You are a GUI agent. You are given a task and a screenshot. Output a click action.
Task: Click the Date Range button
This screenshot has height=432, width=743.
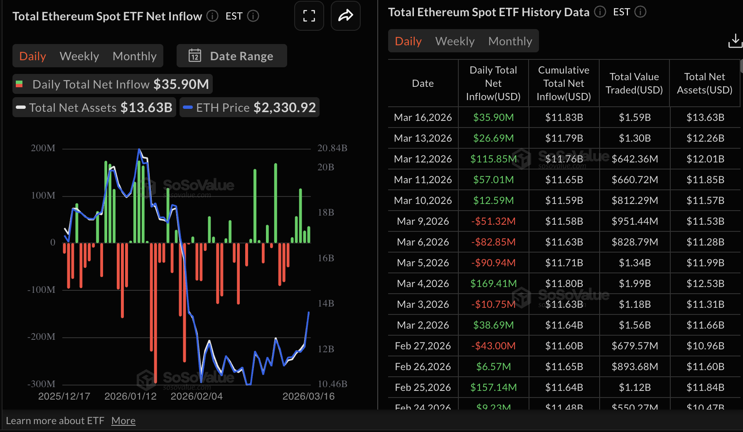[231, 56]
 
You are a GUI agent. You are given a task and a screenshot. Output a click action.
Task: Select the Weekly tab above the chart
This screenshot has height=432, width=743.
[79, 56]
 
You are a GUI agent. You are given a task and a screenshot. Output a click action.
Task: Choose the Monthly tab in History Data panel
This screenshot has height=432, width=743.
[510, 41]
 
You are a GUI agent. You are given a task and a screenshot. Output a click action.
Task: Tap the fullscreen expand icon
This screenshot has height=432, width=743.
[309, 16]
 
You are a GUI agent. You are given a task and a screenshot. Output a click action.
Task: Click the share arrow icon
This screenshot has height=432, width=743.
[345, 16]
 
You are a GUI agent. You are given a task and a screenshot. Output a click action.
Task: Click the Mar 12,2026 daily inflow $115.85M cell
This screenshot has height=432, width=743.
[493, 159]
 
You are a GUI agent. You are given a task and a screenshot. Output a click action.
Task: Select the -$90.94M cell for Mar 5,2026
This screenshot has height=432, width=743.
[493, 263]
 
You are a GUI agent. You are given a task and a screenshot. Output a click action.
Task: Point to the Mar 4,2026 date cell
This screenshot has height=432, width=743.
[423, 283]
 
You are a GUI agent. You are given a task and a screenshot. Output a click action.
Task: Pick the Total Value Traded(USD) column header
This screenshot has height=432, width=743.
[634, 83]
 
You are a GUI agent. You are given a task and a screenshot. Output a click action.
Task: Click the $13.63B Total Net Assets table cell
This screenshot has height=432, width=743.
[705, 117]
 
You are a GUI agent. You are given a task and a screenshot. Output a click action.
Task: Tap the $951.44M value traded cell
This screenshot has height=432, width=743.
[635, 221]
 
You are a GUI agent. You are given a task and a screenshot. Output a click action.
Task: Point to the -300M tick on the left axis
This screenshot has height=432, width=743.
[41, 384]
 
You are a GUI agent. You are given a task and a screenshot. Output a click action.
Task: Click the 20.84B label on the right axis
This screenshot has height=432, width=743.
[332, 148]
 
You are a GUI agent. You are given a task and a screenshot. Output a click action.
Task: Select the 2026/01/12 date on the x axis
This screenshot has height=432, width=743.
[130, 396]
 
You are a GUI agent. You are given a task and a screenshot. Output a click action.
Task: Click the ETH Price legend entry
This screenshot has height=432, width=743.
[249, 108]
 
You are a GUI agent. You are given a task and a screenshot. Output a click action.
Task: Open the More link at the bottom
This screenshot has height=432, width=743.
[123, 421]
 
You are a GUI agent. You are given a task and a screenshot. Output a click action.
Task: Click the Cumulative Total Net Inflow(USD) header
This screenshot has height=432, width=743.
[563, 83]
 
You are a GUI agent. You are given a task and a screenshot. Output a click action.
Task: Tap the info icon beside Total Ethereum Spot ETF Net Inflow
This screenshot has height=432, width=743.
[212, 16]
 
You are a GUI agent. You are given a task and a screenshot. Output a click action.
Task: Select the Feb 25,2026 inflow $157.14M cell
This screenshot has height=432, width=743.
[493, 387]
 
